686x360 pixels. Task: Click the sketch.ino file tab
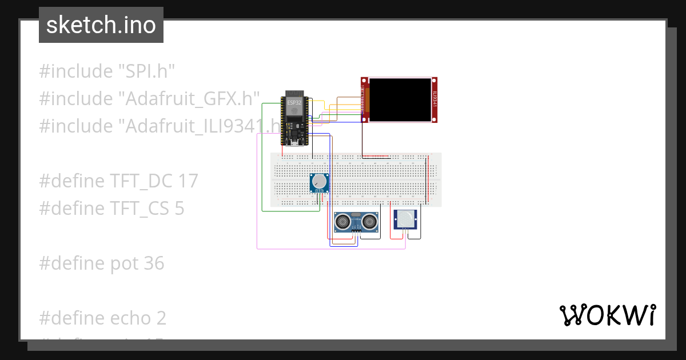pyautogui.click(x=101, y=25)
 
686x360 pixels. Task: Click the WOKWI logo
pyautogui.click(x=607, y=315)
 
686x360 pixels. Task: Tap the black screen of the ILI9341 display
pyautogui.click(x=400, y=100)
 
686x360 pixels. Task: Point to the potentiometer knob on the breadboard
pyautogui.click(x=320, y=182)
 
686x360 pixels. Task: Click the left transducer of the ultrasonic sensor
pyautogui.click(x=344, y=222)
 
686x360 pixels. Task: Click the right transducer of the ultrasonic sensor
pyautogui.click(x=370, y=222)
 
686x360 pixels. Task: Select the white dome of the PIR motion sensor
pyautogui.click(x=406, y=218)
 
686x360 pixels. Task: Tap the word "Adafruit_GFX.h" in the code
pyautogui.click(x=189, y=99)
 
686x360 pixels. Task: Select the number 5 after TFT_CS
pyautogui.click(x=179, y=209)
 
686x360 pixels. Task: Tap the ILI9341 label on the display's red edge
pyautogui.click(x=434, y=100)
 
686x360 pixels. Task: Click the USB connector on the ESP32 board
pyautogui.click(x=292, y=143)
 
